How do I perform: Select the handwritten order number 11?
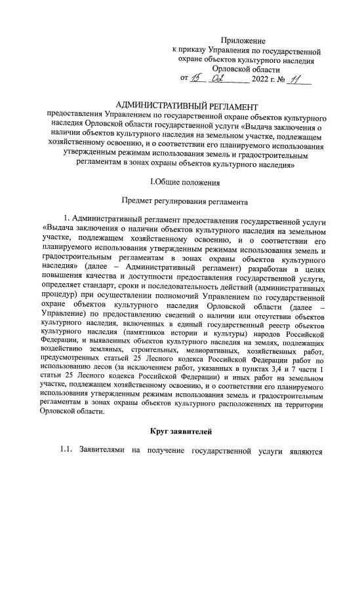click(x=300, y=79)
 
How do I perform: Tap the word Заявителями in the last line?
click(x=107, y=451)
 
